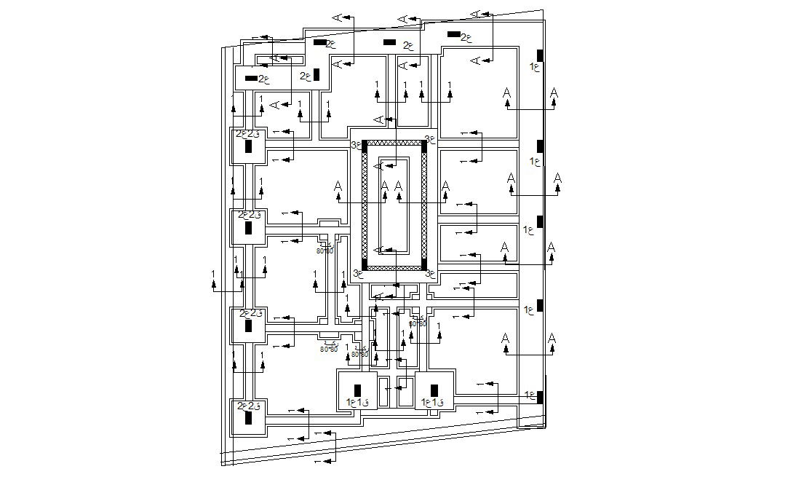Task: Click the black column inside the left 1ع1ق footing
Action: pyautogui.click(x=357, y=390)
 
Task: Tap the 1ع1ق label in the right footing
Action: pyautogui.click(x=432, y=402)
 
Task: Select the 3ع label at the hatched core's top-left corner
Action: pyautogui.click(x=357, y=145)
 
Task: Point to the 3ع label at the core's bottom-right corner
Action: pyautogui.click(x=430, y=274)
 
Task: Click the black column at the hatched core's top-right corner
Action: pyautogui.click(x=424, y=147)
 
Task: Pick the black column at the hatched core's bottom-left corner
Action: pyautogui.click(x=365, y=264)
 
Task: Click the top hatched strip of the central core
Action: pyautogui.click(x=394, y=143)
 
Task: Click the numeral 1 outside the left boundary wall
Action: pyautogui.click(x=213, y=274)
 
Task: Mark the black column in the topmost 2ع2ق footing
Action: pyautogui.click(x=248, y=146)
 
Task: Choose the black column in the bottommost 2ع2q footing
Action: pyautogui.click(x=248, y=418)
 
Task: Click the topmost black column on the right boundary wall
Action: pyautogui.click(x=540, y=55)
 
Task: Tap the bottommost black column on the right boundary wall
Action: pyautogui.click(x=540, y=396)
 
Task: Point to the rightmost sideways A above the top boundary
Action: pyautogui.click(x=476, y=14)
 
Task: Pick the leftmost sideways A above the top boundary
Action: pyautogui.click(x=337, y=17)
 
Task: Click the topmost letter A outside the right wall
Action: pyautogui.click(x=554, y=93)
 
